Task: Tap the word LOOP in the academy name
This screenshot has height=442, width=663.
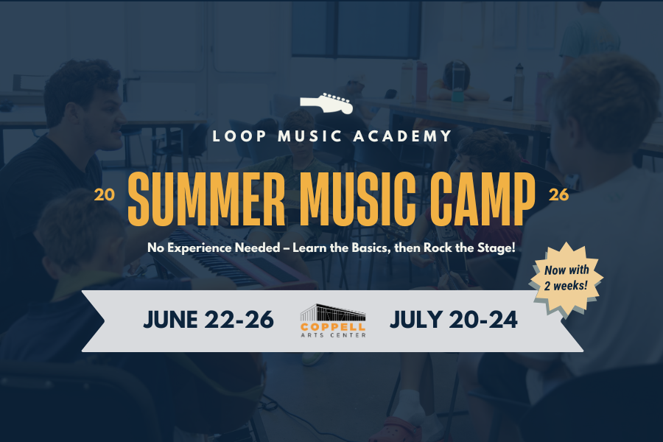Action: point(235,136)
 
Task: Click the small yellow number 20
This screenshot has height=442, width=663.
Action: point(104,195)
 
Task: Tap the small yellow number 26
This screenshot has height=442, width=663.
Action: point(558,195)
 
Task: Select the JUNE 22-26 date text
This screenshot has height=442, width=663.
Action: point(208,320)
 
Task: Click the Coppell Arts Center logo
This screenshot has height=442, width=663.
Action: point(332,320)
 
